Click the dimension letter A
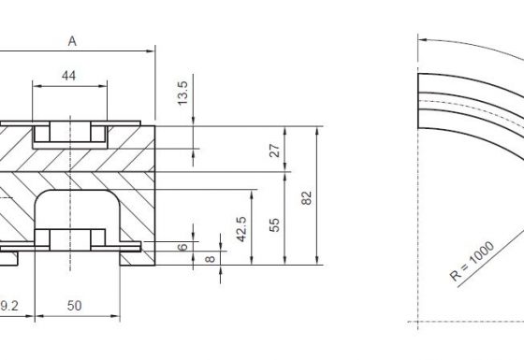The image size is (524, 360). point(72,41)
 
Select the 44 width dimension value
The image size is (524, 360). point(69,76)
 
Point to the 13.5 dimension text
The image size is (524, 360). point(182,94)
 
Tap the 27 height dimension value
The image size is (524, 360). point(275,151)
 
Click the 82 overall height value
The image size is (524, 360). point(307,197)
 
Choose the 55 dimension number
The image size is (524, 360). point(274,224)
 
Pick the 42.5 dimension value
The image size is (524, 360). point(241,229)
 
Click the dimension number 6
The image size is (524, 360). point(182,247)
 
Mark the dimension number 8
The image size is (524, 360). point(210,259)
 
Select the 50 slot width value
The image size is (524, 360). point(74,306)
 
